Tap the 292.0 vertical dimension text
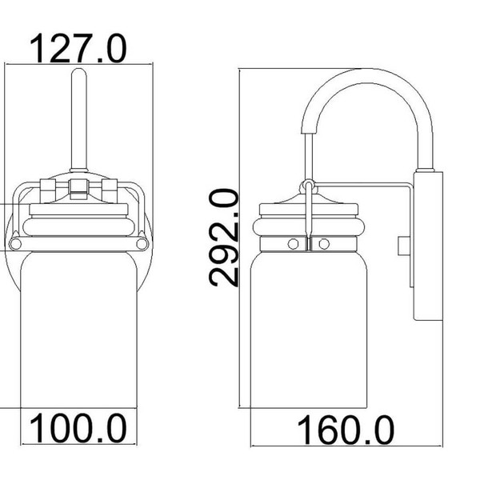[225, 237]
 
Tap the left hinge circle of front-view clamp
[15, 242]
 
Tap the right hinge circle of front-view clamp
[142, 242]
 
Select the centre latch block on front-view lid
[78, 189]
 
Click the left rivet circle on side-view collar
[293, 242]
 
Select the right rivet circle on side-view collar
[323, 242]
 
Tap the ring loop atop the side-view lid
[307, 188]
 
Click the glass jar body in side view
[308, 336]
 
